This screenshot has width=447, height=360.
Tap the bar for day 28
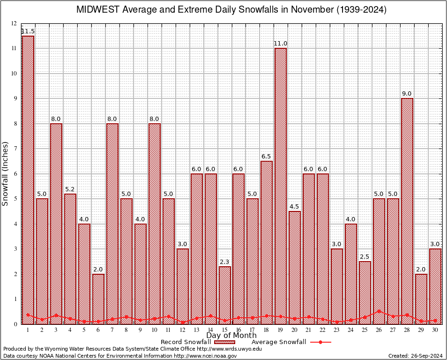point(407,211)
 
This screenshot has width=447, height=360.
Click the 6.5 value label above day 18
point(267,156)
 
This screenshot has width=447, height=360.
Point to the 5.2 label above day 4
point(70,189)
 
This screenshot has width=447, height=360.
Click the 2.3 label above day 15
point(224,262)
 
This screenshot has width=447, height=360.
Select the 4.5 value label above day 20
point(295,206)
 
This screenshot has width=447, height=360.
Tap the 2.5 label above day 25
point(365,256)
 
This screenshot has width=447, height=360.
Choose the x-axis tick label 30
point(435,330)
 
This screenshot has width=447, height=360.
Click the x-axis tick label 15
point(224,330)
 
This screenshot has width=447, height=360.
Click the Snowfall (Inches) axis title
point(6,173)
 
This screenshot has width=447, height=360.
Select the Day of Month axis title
point(231,336)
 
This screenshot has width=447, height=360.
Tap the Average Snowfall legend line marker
point(320,342)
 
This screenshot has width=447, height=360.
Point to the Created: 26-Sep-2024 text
point(416,356)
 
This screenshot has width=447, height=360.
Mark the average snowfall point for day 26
point(379,311)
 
